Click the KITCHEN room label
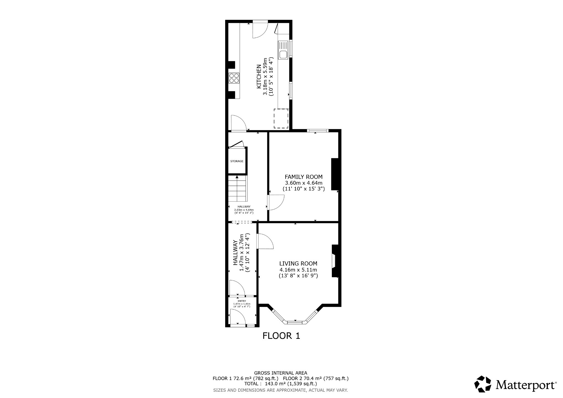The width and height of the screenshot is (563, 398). (x=259, y=77)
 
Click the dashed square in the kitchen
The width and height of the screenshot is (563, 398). (x=281, y=118)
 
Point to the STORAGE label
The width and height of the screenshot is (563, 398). (x=237, y=161)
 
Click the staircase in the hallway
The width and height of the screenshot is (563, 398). (x=237, y=189)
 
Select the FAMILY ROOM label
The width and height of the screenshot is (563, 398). (x=303, y=177)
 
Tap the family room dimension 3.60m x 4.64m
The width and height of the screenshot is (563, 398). (x=303, y=183)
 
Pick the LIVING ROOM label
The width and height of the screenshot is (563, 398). (x=298, y=264)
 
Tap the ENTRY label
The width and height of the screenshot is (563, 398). (x=242, y=301)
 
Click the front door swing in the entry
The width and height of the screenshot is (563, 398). (x=237, y=317)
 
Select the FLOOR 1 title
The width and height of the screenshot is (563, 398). (x=281, y=336)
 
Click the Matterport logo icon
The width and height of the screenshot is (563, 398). (x=482, y=384)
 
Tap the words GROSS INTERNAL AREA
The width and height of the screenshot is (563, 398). (x=280, y=373)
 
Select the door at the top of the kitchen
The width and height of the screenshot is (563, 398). (x=260, y=30)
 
